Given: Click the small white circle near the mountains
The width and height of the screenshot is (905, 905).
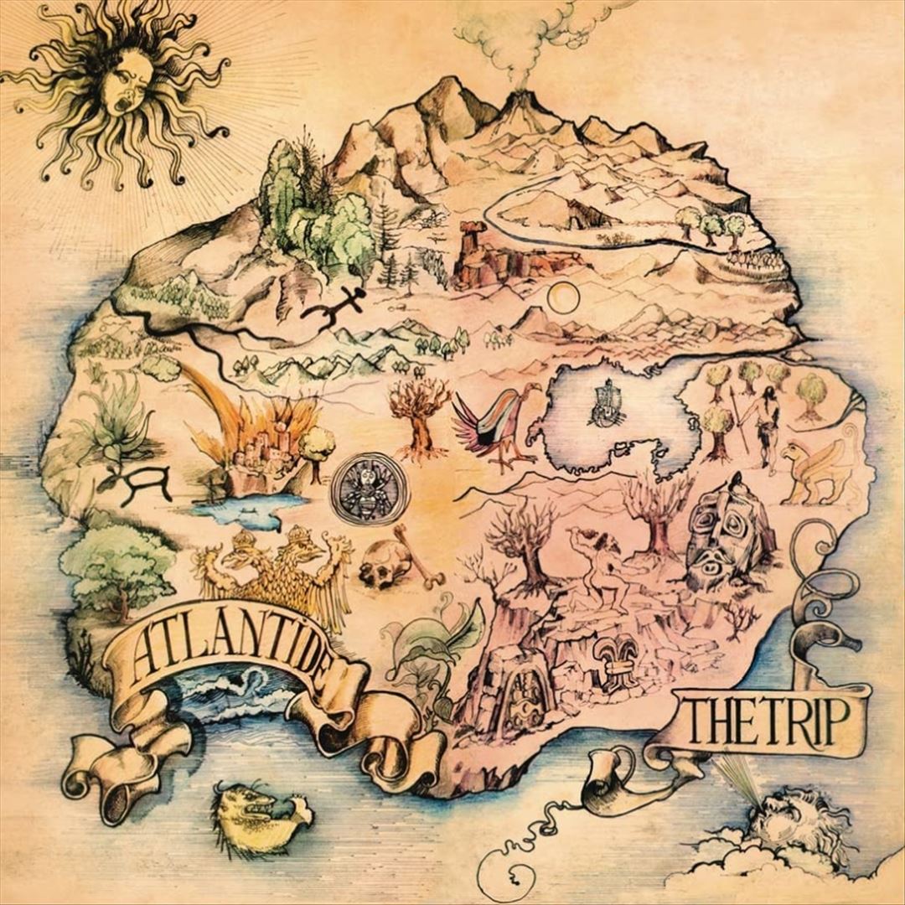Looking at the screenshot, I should tap(563, 296).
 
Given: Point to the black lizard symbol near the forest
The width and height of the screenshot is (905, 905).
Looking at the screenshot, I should tap(335, 306).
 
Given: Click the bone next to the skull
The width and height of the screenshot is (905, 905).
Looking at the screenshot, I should tap(419, 557).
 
